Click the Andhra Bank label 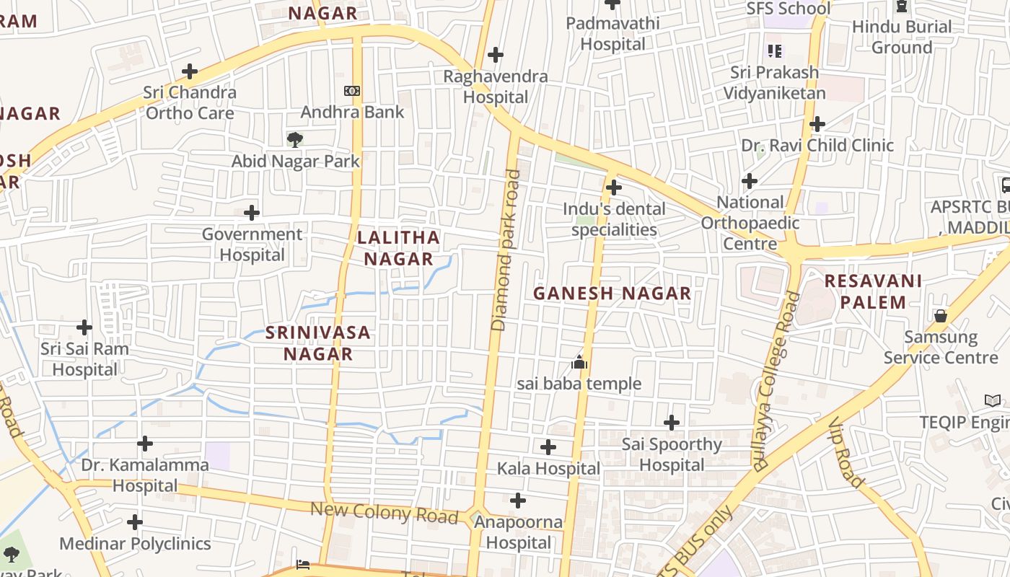coord(352,113)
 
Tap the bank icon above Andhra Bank coord(352,91)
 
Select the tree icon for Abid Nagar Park coord(294,139)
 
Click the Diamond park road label coord(505,250)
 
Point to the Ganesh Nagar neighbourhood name coord(612,294)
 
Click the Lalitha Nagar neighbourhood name coord(398,248)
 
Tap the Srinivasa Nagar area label coord(317,343)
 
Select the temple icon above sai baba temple coord(579,362)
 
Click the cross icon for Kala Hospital coord(548,447)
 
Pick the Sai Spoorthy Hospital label coord(672,454)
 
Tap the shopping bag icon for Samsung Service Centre coord(941,316)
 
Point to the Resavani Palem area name coord(873,291)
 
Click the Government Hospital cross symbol coord(252,213)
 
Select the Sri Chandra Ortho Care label coord(190,102)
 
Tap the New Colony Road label coord(384,513)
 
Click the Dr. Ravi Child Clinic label coord(817,145)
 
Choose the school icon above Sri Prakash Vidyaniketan coord(775,51)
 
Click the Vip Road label coord(846,452)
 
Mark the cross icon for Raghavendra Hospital coord(496,55)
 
